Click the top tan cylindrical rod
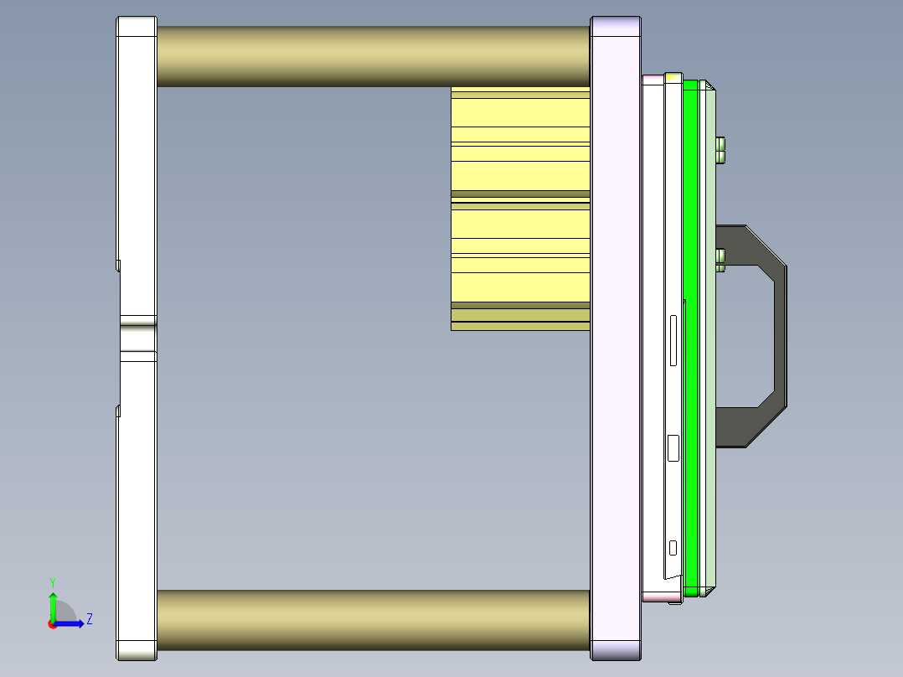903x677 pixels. click(373, 56)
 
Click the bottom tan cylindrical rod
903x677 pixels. click(373, 620)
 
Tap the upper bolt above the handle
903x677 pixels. click(720, 148)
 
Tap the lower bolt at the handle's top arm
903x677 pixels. click(720, 260)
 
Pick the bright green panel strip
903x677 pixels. click(691, 335)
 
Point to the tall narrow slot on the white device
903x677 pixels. click(672, 340)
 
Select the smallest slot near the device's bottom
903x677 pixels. click(673, 548)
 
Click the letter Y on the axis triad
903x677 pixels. click(52, 581)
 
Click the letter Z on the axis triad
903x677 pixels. click(89, 619)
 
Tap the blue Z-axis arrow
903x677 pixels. click(71, 623)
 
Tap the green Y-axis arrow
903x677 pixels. click(52, 605)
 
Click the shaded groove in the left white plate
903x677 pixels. click(137, 338)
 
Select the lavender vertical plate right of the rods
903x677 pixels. click(616, 335)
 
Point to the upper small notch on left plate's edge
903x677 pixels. click(118, 265)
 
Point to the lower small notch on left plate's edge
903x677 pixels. click(118, 411)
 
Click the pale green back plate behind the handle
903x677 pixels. click(710, 503)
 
